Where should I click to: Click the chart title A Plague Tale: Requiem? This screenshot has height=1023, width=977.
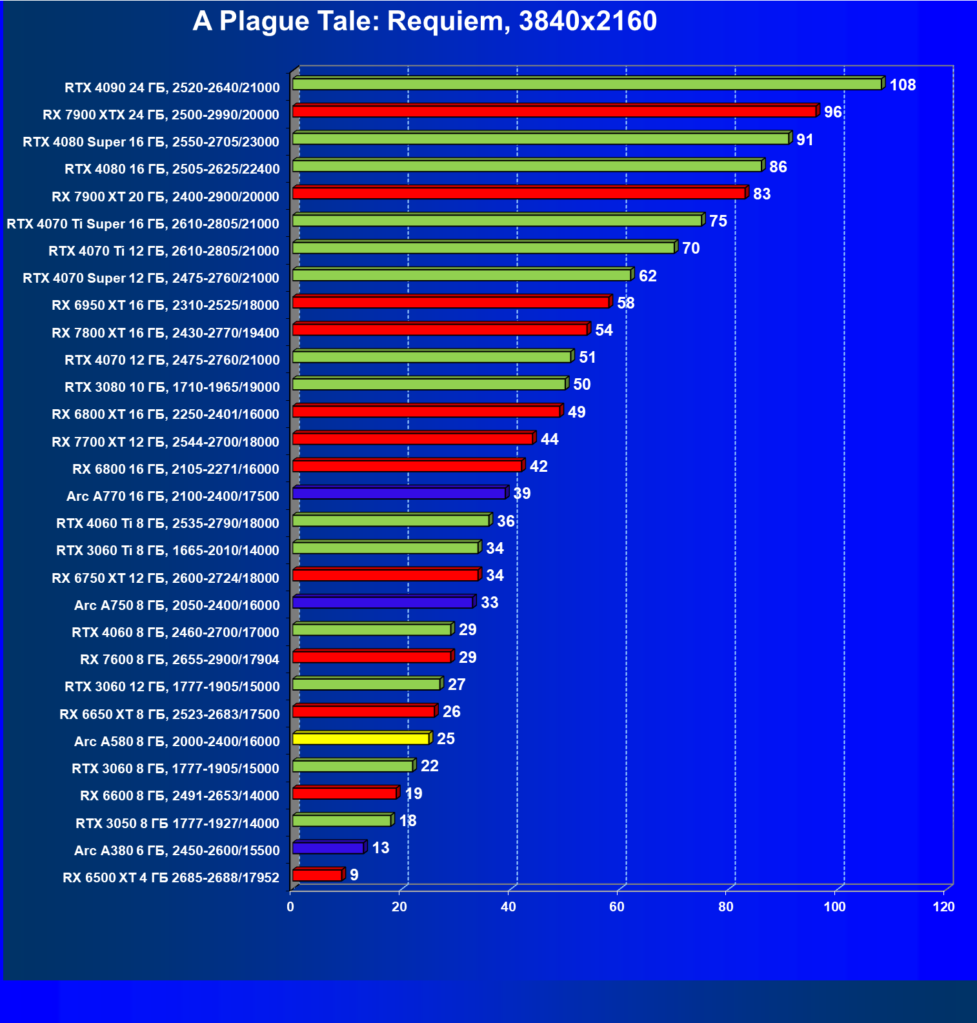pyautogui.click(x=424, y=21)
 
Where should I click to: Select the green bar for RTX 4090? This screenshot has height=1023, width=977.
pyautogui.click(x=587, y=85)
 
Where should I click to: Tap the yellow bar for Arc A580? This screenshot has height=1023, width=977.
pyautogui.click(x=361, y=739)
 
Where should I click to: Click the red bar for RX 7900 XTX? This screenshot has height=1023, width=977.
pyautogui.click(x=554, y=112)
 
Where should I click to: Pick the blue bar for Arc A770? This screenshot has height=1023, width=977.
pyautogui.click(x=399, y=494)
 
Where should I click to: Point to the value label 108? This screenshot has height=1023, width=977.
pyautogui.click(x=902, y=85)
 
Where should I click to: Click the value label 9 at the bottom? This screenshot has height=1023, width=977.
pyautogui.click(x=354, y=875)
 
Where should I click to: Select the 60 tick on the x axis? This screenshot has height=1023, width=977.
pyautogui.click(x=617, y=907)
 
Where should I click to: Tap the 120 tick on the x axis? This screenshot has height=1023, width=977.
pyautogui.click(x=943, y=907)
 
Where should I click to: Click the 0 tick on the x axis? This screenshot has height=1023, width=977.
pyautogui.click(x=290, y=907)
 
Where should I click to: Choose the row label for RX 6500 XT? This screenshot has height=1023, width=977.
pyautogui.click(x=171, y=878)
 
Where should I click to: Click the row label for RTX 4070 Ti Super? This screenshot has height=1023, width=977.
pyautogui.click(x=143, y=224)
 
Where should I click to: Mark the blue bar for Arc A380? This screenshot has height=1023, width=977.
pyautogui.click(x=328, y=848)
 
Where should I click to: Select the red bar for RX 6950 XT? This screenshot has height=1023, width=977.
pyautogui.click(x=450, y=303)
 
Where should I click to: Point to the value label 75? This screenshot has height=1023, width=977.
pyautogui.click(x=718, y=221)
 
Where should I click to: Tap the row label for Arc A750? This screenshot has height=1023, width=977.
pyautogui.click(x=177, y=605)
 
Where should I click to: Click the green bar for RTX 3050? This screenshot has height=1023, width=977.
pyautogui.click(x=341, y=821)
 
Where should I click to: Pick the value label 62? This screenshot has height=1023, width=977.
pyautogui.click(x=647, y=276)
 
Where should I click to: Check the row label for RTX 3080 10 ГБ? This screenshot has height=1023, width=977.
pyautogui.click(x=172, y=387)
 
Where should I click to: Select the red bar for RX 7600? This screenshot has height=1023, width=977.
pyautogui.click(x=372, y=657)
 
